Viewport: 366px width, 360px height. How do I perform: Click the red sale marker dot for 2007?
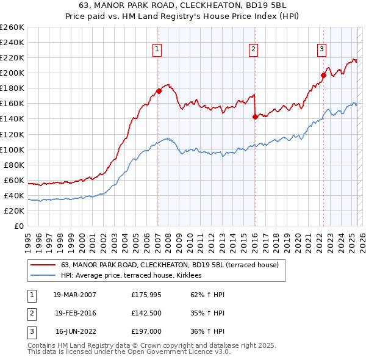coord(159,91)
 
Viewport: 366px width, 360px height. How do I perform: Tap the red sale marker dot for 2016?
coord(254,117)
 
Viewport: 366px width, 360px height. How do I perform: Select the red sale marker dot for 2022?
coord(323,76)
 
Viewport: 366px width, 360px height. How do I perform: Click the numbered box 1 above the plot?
coord(157,49)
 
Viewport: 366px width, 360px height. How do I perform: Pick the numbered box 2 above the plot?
coord(253,49)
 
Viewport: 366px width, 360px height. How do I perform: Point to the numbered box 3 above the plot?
coord(321,49)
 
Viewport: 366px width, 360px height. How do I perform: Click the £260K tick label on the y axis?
coord(12,27)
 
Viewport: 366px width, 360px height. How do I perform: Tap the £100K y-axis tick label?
coord(12,149)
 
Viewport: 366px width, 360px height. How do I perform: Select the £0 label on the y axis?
coord(19,226)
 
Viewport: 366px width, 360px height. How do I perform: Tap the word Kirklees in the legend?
coord(196,276)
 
